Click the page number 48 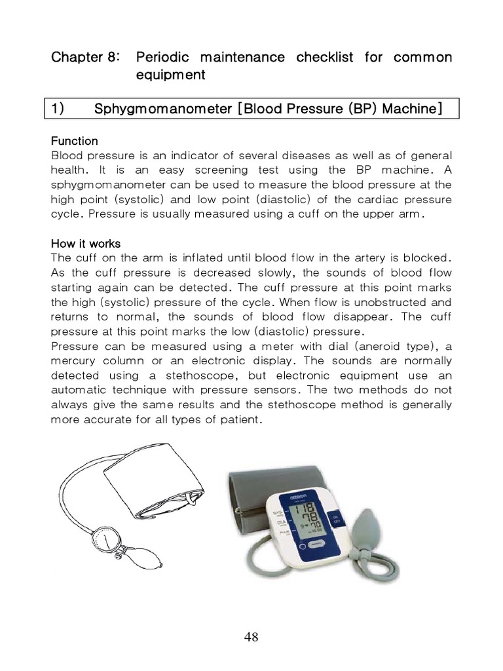point(251,637)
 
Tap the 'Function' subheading point(74,141)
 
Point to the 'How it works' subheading point(85,244)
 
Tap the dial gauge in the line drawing point(105,541)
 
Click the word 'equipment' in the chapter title point(170,75)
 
